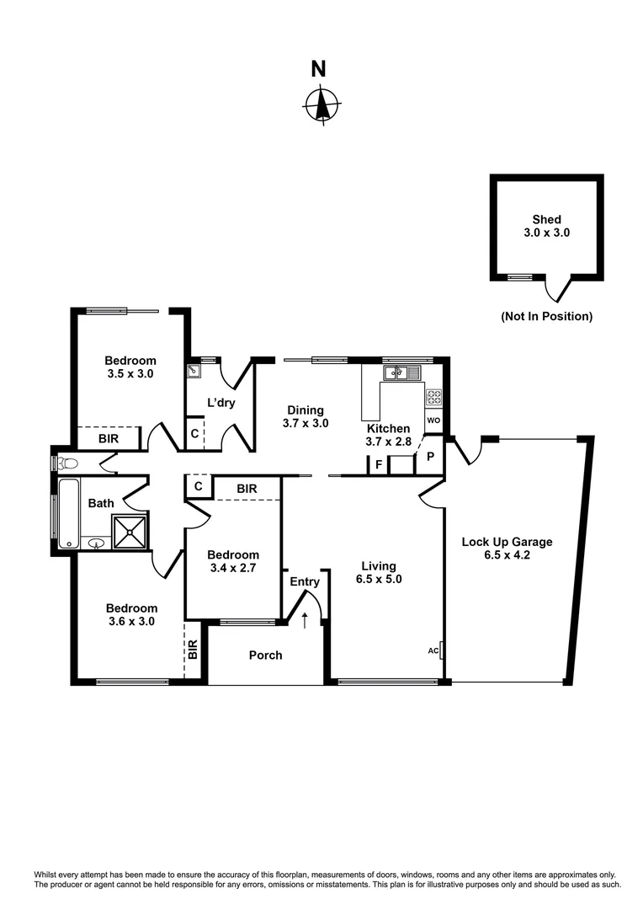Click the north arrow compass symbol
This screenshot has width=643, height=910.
click(x=321, y=105)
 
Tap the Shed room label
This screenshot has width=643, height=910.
click(x=546, y=220)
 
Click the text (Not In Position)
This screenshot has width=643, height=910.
click(x=546, y=317)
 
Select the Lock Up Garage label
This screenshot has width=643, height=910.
click(x=507, y=542)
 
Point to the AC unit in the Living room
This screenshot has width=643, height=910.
click(x=441, y=650)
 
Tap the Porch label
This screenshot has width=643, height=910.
click(x=265, y=655)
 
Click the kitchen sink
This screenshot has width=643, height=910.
click(x=402, y=372)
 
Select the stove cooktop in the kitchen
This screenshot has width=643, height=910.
click(x=433, y=396)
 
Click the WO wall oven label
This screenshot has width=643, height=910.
click(x=433, y=420)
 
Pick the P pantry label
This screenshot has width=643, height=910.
click(x=430, y=456)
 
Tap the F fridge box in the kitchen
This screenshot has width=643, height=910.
click(x=379, y=464)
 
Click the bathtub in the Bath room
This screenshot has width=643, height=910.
click(x=66, y=510)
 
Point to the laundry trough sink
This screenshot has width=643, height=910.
click(x=194, y=369)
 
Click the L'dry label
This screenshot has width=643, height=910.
click(x=221, y=403)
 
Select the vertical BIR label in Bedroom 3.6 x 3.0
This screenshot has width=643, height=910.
click(x=193, y=650)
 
